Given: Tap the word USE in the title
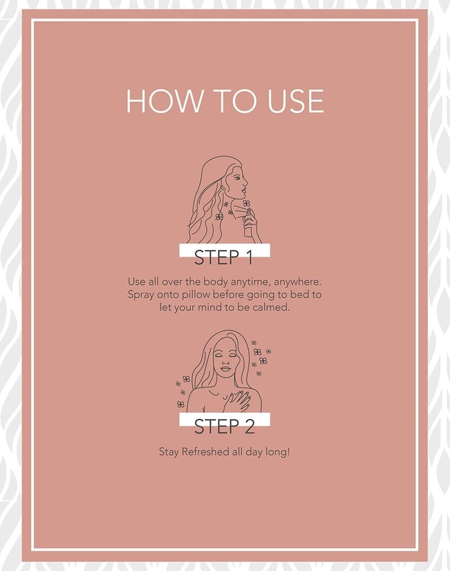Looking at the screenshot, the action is (x=296, y=101).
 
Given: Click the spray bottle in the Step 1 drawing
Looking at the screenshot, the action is (x=248, y=224).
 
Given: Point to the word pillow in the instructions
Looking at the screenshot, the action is (x=196, y=294).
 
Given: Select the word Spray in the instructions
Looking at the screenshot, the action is (x=141, y=295).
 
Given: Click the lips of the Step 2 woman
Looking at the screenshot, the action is (x=226, y=369).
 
